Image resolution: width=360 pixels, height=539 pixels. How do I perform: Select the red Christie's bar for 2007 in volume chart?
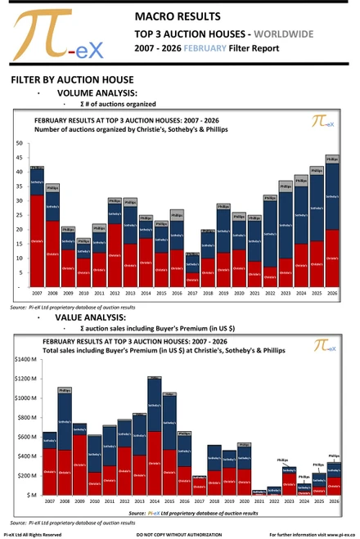37,241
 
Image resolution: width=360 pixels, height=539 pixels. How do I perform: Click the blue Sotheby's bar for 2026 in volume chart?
331,196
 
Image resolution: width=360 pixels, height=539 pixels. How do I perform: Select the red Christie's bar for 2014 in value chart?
154,462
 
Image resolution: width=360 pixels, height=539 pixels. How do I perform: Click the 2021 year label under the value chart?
259,500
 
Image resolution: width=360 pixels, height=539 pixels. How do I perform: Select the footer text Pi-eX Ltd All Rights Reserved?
32,533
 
